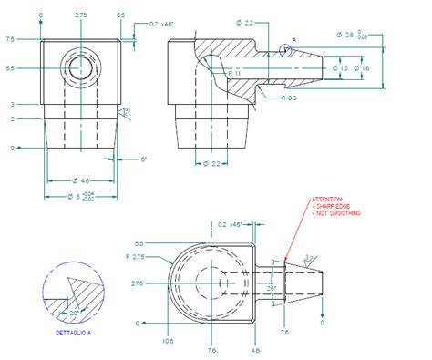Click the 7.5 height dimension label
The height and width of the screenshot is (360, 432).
10,39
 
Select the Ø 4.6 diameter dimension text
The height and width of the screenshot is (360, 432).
79,181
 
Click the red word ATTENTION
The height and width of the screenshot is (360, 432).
327,199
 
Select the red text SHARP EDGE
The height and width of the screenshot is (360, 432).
334,206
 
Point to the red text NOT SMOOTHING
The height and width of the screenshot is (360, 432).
338,213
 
